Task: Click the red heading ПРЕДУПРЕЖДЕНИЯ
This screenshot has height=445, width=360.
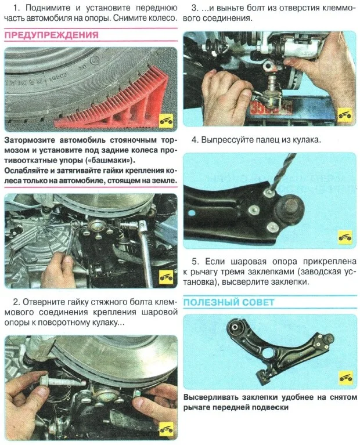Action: click(x=51, y=35)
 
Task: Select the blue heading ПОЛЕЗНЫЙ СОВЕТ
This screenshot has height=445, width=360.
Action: click(x=229, y=302)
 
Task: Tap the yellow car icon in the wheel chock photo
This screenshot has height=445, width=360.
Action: click(x=167, y=121)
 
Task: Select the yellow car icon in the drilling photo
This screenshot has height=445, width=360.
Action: click(x=345, y=237)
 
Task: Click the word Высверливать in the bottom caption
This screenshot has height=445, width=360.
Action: click(x=211, y=399)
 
